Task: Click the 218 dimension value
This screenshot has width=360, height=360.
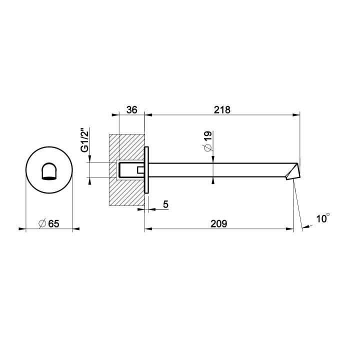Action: (x=222, y=110)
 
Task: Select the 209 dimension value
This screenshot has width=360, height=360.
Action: (x=219, y=223)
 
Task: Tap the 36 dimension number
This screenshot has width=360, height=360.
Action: (x=132, y=110)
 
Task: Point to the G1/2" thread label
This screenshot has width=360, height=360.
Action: (x=84, y=140)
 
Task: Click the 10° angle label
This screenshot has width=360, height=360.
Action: (x=323, y=218)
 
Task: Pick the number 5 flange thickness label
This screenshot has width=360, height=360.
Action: (x=165, y=204)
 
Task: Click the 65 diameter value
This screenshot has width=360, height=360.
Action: (x=53, y=223)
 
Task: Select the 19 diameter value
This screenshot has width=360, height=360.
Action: (x=207, y=136)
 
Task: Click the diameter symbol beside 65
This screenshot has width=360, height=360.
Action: (x=42, y=223)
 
